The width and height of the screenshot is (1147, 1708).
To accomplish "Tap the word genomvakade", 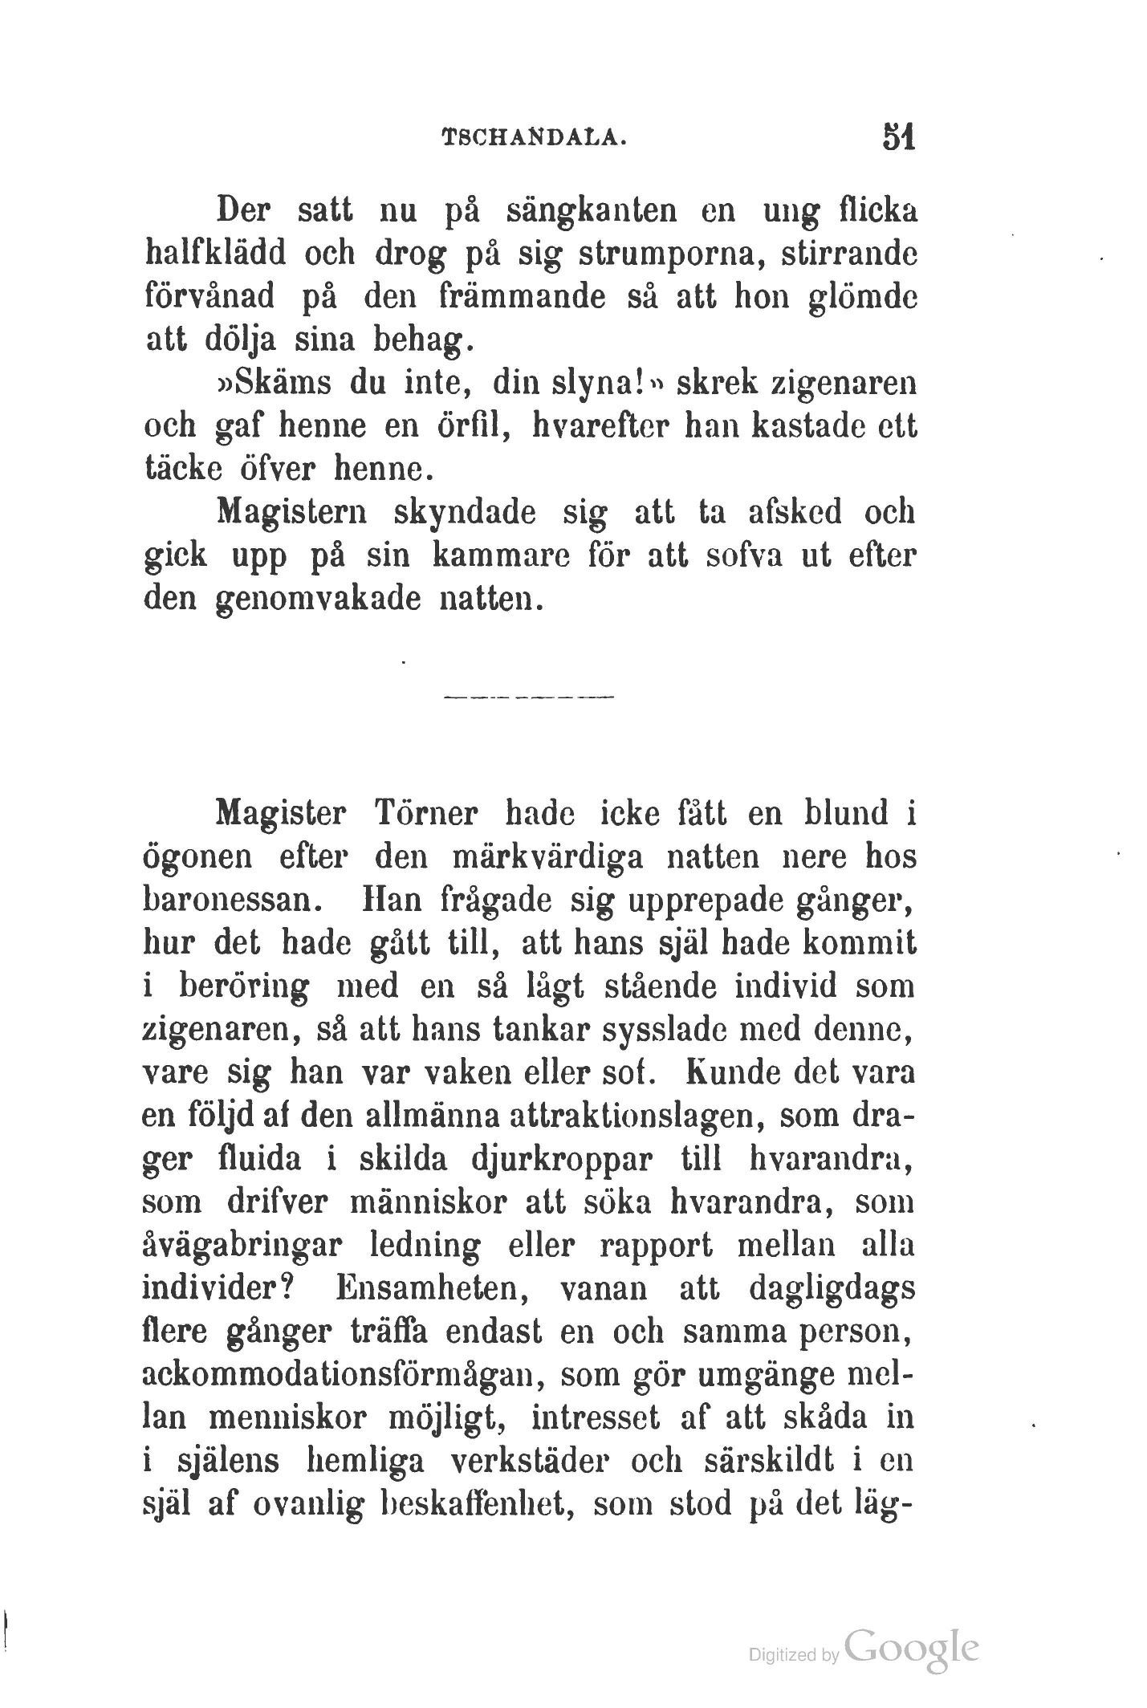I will pos(319,599).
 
